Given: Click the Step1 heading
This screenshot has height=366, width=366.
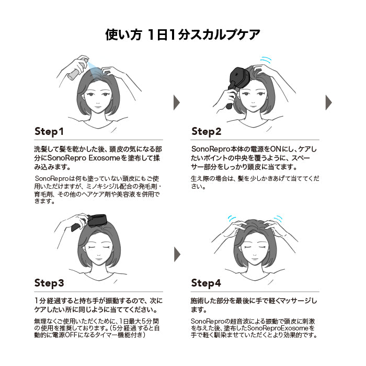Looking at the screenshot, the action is click(x=49, y=132).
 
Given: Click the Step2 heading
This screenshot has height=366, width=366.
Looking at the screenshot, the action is click(x=206, y=132).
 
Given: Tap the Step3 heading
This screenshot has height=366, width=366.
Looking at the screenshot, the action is click(x=49, y=283).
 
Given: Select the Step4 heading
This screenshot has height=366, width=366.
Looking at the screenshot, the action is click(x=206, y=283).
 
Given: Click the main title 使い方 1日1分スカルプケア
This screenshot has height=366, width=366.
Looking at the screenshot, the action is click(x=183, y=35).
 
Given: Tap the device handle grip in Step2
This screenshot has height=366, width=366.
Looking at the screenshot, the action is click(x=231, y=98).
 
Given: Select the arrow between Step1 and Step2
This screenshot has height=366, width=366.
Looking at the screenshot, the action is click(x=177, y=102).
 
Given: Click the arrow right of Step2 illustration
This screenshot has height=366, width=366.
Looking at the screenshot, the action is click(x=329, y=102).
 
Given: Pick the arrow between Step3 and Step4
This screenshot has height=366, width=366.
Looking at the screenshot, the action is click(x=177, y=255).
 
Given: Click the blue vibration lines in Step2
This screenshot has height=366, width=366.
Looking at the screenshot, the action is click(x=266, y=60).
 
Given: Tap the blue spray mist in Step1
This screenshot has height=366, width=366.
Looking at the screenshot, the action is click(x=94, y=70).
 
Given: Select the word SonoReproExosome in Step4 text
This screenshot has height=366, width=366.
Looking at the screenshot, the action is click(x=278, y=328).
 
